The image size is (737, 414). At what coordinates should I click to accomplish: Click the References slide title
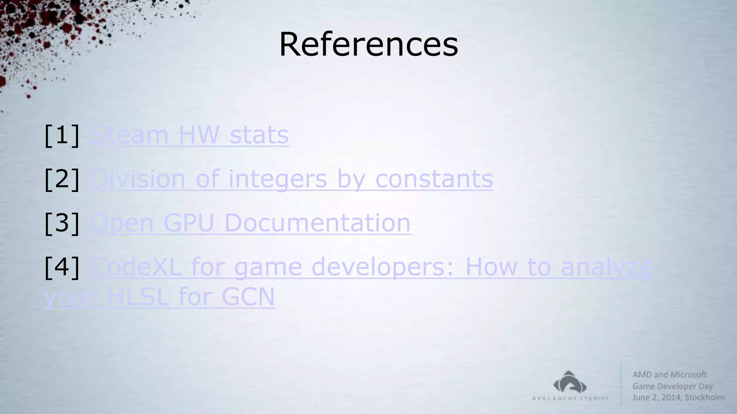(368, 45)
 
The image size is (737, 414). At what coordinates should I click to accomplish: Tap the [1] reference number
(62, 135)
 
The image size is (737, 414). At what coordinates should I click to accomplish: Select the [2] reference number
(62, 179)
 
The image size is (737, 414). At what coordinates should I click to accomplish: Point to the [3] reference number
(62, 223)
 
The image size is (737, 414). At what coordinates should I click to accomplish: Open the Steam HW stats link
(189, 135)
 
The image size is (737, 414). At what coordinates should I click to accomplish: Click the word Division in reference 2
(138, 179)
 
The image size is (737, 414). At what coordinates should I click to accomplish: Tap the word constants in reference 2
(434, 179)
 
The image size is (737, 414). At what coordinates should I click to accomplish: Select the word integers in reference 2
(277, 179)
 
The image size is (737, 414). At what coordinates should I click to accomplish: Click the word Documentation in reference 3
(317, 223)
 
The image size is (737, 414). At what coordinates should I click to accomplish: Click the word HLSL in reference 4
(139, 297)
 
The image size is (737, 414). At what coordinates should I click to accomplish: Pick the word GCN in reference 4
(248, 297)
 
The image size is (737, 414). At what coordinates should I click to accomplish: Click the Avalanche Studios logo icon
(570, 382)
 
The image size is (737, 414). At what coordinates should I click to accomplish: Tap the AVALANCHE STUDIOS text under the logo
(570, 398)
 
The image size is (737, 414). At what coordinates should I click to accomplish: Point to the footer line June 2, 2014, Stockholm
(678, 397)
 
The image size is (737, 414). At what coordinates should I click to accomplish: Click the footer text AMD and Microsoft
(669, 374)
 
